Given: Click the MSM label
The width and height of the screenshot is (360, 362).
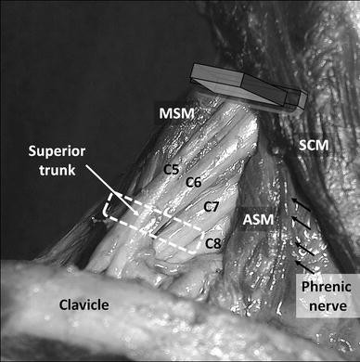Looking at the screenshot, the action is [x=176, y=113].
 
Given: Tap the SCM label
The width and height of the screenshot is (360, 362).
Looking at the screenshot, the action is [x=314, y=145].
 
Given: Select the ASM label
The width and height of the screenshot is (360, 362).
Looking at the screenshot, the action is [x=258, y=219].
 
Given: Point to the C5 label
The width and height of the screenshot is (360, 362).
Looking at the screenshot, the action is [x=172, y=169].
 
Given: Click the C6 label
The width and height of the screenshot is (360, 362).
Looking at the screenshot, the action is [x=194, y=183].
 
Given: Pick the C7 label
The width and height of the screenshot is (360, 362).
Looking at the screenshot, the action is [x=212, y=207].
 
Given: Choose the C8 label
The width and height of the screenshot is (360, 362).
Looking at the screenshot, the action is [x=213, y=244].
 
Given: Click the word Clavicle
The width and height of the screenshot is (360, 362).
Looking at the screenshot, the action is [x=84, y=305].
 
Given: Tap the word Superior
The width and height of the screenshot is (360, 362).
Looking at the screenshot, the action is [x=57, y=151].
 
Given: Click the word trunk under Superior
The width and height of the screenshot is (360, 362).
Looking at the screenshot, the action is [x=57, y=170].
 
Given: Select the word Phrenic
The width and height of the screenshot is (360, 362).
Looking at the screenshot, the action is [x=327, y=287].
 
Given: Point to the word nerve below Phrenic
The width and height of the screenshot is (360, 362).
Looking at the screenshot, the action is [x=328, y=306].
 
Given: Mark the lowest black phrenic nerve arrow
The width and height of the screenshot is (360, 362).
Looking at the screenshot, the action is [x=305, y=267].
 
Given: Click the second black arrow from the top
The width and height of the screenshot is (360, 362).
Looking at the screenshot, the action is [x=300, y=223].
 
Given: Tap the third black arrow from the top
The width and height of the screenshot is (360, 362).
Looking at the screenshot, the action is [x=304, y=249].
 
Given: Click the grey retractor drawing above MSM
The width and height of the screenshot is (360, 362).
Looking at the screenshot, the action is [x=249, y=86].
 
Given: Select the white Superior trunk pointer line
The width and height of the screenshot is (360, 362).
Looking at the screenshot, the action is [x=112, y=189].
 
